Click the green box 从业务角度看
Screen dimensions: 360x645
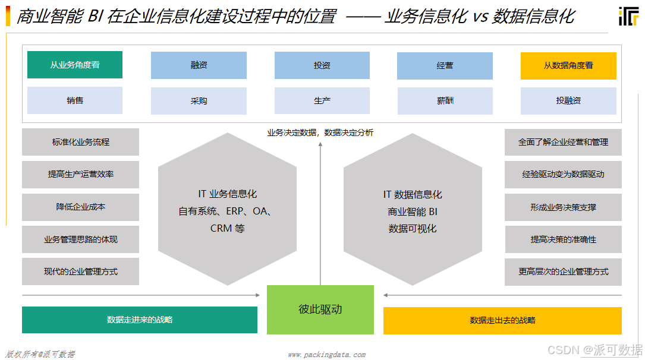(75, 65)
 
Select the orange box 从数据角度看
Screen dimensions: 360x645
(568, 65)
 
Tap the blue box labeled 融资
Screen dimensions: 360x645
(199, 65)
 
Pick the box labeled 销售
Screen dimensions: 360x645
(75, 100)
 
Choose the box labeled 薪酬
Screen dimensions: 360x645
(445, 101)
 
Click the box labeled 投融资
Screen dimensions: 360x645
(568, 101)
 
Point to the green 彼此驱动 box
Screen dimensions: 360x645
(320, 310)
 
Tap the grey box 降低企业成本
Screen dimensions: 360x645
(81, 207)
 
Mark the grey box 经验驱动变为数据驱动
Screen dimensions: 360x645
(563, 175)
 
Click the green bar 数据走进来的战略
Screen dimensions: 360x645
(140, 320)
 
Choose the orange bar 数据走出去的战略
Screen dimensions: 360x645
(502, 320)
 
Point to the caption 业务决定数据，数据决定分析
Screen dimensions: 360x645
(320, 132)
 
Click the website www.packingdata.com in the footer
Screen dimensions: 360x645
(326, 355)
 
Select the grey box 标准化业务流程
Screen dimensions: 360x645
(81, 142)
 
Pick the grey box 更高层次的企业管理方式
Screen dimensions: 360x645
(563, 271)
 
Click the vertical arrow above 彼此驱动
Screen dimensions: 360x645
(320, 214)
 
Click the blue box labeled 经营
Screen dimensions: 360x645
(445, 65)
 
